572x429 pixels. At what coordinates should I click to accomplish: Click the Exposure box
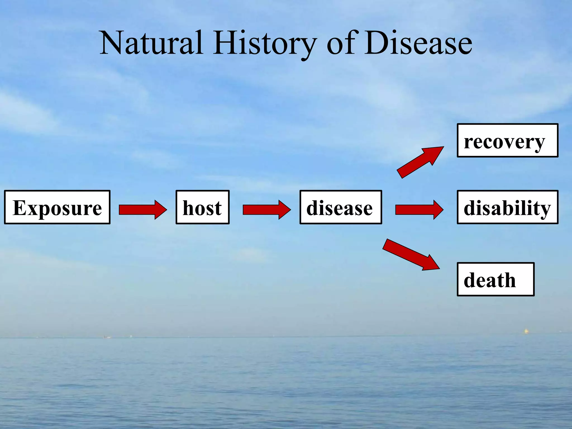[x=57, y=207]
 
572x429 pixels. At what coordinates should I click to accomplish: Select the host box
[x=202, y=207]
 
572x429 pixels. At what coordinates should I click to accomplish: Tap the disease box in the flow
[x=341, y=207]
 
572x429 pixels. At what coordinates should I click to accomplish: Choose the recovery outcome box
[x=507, y=140]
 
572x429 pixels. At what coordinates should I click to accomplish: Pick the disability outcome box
[x=507, y=207]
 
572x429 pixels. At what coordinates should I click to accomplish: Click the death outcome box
[x=495, y=279]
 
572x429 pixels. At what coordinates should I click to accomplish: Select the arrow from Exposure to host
[x=142, y=209]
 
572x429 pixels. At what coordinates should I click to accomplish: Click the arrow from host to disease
[x=266, y=209]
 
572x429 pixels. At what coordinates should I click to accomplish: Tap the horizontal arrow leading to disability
[x=419, y=209]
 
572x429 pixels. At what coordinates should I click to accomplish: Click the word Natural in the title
[x=151, y=43]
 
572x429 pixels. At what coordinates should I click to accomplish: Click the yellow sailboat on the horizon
[x=526, y=331]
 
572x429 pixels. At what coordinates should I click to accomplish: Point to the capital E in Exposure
[x=20, y=208]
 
